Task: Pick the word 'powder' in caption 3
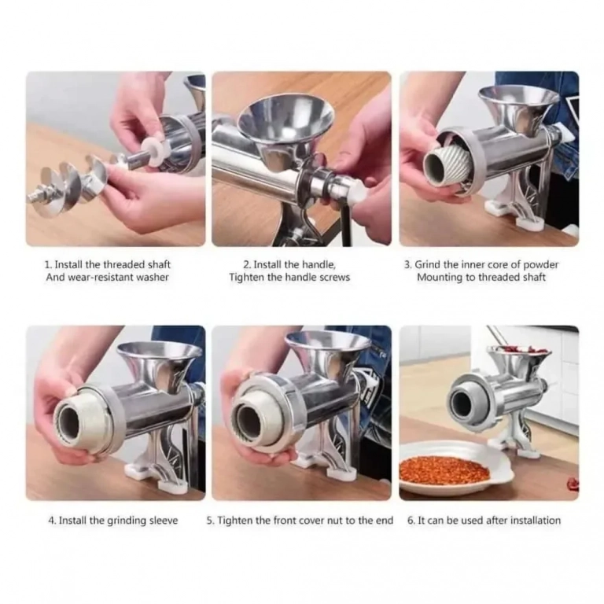541,265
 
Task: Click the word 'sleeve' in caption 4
164,521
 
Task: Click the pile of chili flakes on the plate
444,470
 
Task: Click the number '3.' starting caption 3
408,265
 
